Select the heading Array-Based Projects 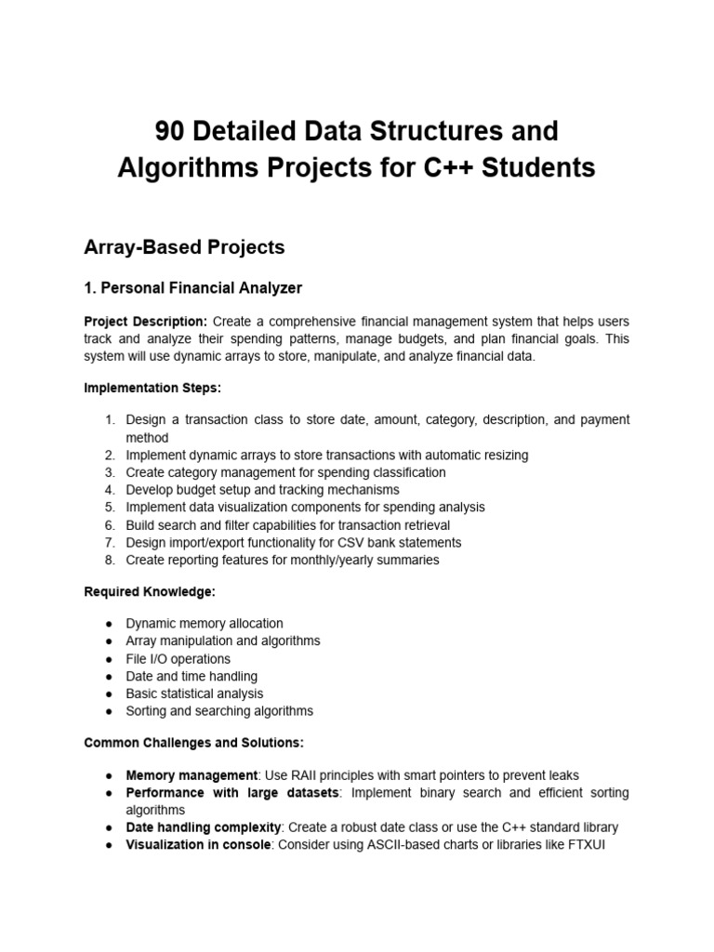pos(184,247)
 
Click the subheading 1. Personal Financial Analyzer pos(192,288)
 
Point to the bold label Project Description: pos(145,322)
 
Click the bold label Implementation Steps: pos(153,386)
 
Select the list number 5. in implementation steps pos(110,508)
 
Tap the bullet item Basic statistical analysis pos(194,694)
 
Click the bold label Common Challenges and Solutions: pos(194,743)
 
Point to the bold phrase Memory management pos(192,775)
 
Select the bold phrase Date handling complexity pos(204,827)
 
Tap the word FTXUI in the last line pos(586,845)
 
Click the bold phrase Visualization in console pos(196,845)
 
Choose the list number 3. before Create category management pos(110,473)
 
